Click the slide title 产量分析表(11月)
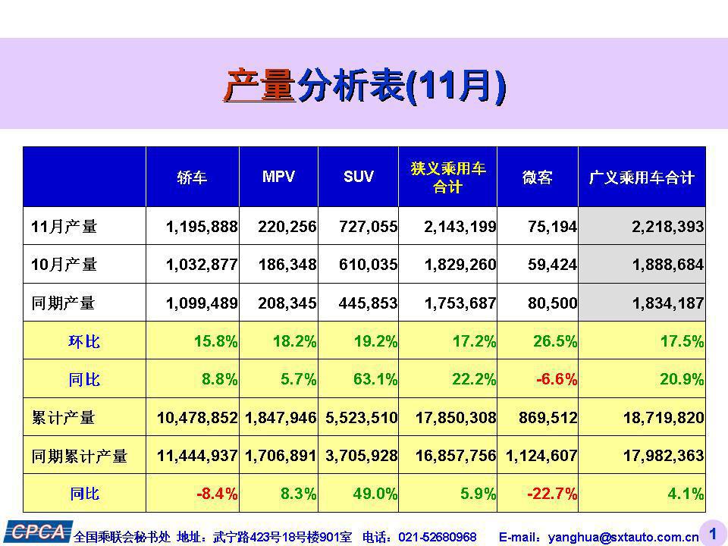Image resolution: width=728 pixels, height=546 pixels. pyautogui.click(x=364, y=85)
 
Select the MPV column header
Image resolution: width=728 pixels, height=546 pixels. pyautogui.click(x=278, y=177)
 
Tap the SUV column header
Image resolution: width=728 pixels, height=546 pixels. pyautogui.click(x=359, y=177)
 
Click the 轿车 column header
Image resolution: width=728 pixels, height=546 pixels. pyautogui.click(x=192, y=177)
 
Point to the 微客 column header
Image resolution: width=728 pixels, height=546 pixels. pyautogui.click(x=537, y=177)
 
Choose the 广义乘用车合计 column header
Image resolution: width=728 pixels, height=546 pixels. pyautogui.click(x=642, y=177)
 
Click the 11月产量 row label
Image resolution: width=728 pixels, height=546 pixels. pyautogui.click(x=64, y=226)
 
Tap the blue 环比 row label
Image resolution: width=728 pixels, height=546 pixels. pyautogui.click(x=84, y=341)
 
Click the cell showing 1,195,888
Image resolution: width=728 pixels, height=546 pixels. pyautogui.click(x=202, y=226)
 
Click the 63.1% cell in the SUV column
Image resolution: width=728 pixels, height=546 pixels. pyautogui.click(x=375, y=379)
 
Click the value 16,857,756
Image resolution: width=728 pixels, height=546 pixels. pyautogui.click(x=456, y=456)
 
